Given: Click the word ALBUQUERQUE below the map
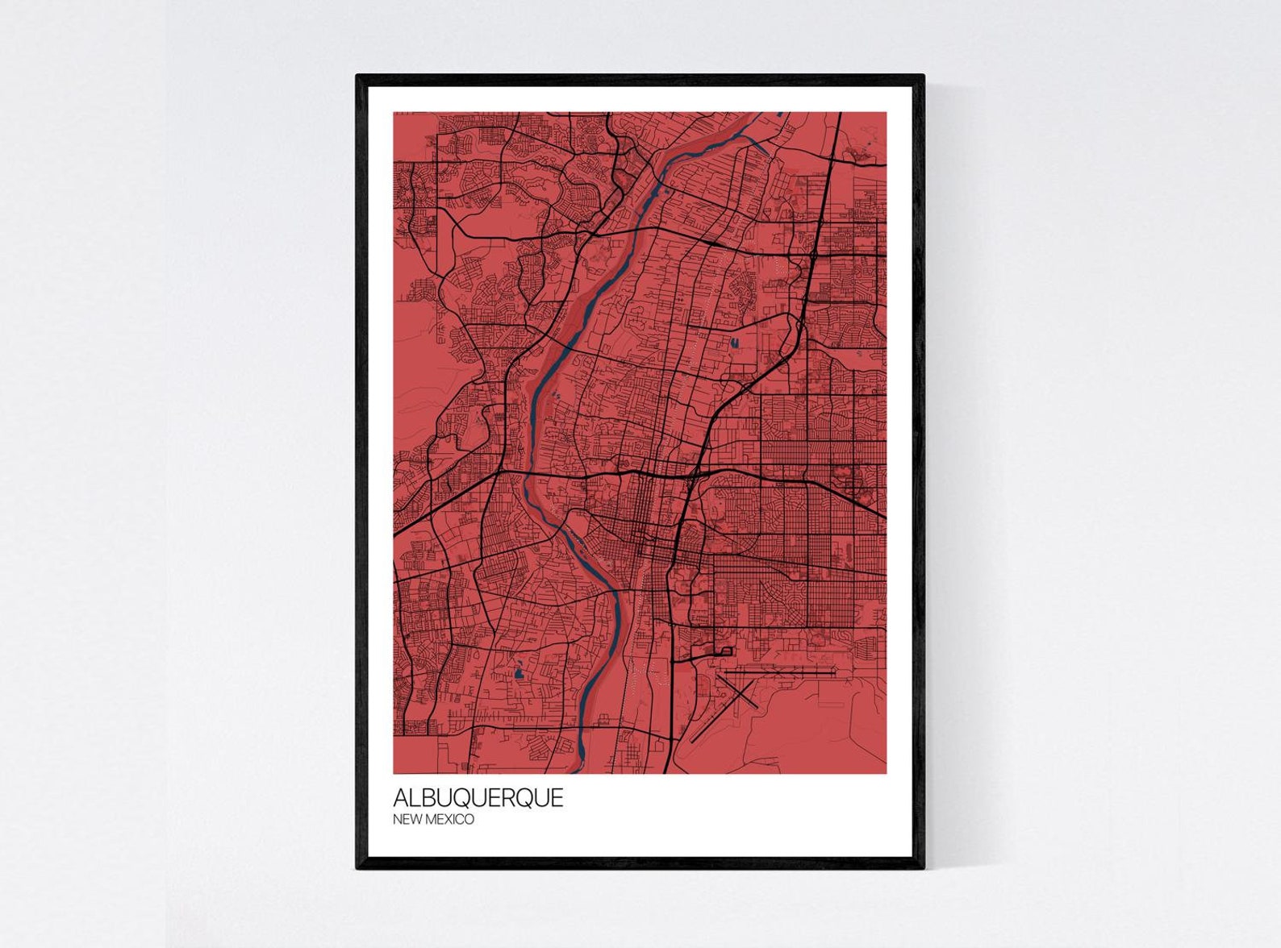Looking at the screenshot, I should (478, 798).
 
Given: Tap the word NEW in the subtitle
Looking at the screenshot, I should (407, 820).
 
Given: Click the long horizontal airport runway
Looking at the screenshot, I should (778, 669).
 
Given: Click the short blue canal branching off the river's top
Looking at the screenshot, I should (761, 145).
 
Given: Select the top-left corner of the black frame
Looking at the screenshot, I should (357, 76).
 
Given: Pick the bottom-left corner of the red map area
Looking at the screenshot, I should (394, 772).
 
